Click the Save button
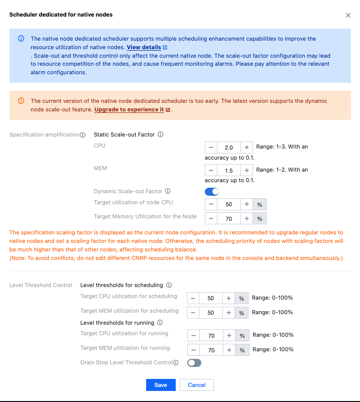[x=161, y=385]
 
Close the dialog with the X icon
[x=348, y=15]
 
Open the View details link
[x=144, y=47]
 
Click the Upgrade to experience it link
[x=129, y=109]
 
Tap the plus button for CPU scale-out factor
[x=247, y=148]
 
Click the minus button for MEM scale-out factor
[x=211, y=171]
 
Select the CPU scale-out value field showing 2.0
[x=228, y=148]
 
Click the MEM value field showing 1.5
[x=228, y=171]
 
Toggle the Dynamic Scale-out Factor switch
[x=212, y=191]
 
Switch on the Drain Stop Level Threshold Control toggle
[x=194, y=362]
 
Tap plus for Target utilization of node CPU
[x=247, y=204]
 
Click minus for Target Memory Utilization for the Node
[x=211, y=218]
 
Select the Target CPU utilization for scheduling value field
[x=211, y=298]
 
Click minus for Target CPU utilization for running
[x=193, y=335]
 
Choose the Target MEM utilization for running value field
[x=211, y=350]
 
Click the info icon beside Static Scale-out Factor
[x=160, y=135]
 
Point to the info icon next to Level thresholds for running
[x=160, y=323]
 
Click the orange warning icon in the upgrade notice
[x=21, y=100]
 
